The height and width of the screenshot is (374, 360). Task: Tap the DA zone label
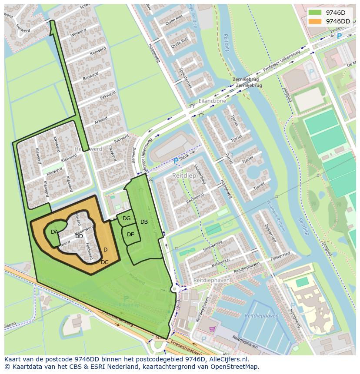coord(54,232)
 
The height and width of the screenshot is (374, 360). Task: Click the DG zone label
coord(127,218)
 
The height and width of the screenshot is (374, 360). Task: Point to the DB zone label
coord(144,222)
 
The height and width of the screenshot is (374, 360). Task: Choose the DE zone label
coord(130,235)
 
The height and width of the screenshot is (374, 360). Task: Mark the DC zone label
coord(105,262)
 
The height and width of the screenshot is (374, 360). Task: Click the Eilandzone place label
coord(213,101)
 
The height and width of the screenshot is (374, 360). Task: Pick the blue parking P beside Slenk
coord(176,161)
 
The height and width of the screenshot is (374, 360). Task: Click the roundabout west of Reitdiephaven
coord(175,289)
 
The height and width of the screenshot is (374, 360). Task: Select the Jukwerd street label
coord(121,140)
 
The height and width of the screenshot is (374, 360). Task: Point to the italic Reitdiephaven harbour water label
coord(261,316)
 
